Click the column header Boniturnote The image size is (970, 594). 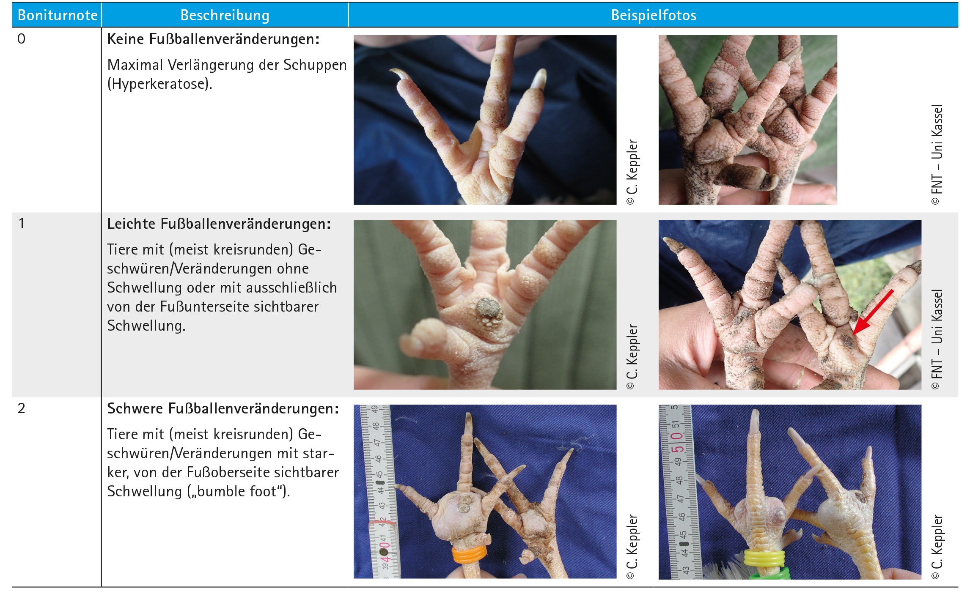click(58, 15)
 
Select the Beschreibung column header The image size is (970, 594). click(225, 15)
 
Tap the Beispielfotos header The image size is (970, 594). click(654, 15)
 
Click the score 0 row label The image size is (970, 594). click(22, 39)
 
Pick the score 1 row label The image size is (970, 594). click(22, 224)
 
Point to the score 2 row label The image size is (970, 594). click(22, 408)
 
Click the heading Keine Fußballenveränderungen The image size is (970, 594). click(213, 39)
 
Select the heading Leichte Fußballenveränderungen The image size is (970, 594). click(219, 224)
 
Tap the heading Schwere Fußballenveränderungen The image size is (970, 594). click(223, 408)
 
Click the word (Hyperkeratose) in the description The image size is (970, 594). click(159, 84)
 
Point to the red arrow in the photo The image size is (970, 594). click(873, 312)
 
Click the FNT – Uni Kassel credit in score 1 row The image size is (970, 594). click(937, 339)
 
